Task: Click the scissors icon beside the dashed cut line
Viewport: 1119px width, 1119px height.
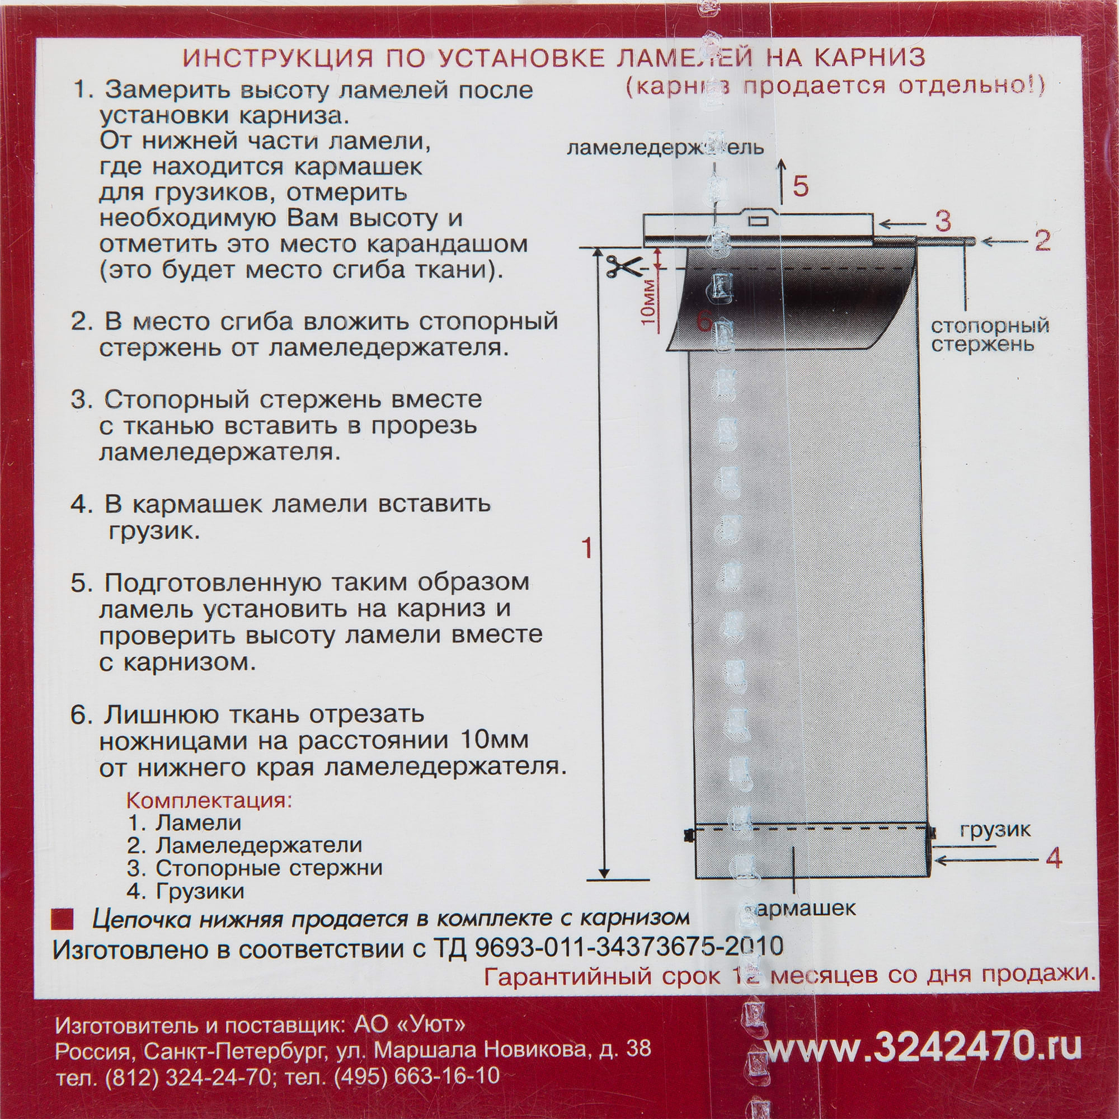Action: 620,267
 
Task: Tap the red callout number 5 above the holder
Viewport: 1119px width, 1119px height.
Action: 801,186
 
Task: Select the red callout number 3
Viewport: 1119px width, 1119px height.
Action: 943,221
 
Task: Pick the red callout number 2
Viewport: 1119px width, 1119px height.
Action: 1042,241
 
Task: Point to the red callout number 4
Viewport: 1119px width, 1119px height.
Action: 1054,858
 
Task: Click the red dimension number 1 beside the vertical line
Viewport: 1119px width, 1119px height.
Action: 587,547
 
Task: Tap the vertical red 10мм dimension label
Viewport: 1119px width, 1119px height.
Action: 648,301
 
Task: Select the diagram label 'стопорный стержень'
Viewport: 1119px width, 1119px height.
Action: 990,334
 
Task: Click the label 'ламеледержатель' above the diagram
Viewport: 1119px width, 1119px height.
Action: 665,148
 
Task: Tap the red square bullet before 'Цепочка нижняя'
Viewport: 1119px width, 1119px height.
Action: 63,919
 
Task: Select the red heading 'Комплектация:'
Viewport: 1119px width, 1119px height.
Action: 209,801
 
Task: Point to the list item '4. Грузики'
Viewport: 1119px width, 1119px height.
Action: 186,891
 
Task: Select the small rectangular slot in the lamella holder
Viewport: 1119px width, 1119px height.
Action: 758,220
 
